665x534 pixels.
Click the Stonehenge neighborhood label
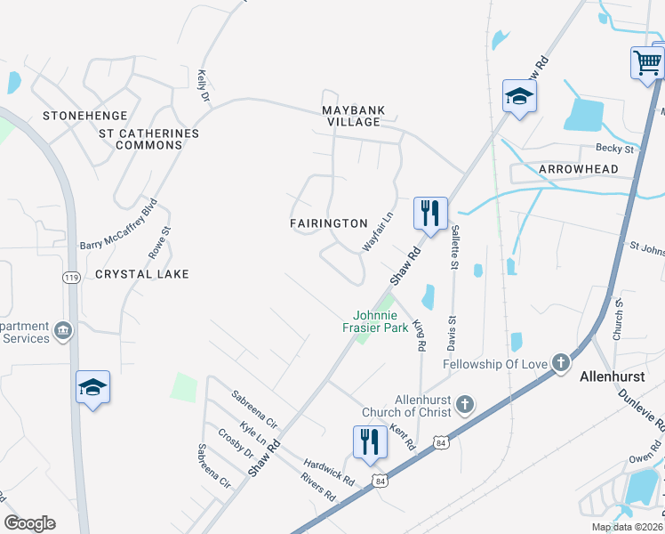coord(85,117)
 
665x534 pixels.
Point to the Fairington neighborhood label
coord(329,223)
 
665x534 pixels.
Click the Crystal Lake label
coord(142,274)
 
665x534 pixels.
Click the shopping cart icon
coord(646,64)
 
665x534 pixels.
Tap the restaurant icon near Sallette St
coord(430,214)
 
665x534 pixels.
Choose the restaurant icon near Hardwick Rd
coord(370,442)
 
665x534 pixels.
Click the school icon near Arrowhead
coord(518,97)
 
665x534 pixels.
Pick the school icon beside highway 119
coord(92,387)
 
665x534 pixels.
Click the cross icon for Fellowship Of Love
coord(560,362)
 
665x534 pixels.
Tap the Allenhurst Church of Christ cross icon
coord(463,406)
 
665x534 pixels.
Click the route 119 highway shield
coord(71,278)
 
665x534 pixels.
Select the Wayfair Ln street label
coord(378,231)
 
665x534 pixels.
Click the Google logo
coord(29,523)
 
